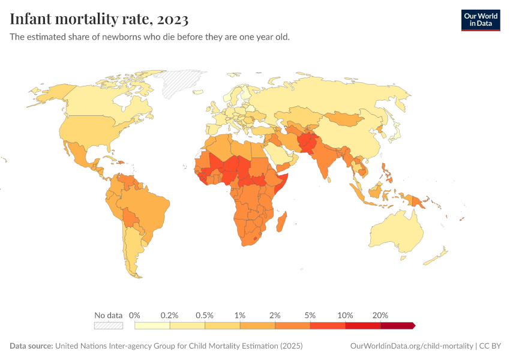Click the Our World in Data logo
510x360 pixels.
(480, 19)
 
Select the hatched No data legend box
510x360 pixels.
(108, 325)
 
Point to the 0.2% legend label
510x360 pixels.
(170, 315)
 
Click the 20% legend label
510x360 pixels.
(380, 315)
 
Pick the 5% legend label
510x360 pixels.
(310, 315)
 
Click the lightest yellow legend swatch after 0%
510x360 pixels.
(152, 325)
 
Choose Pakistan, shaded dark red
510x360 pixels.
(308, 145)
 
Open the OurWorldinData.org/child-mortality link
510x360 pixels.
(412, 346)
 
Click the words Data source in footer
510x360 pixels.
(31, 346)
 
